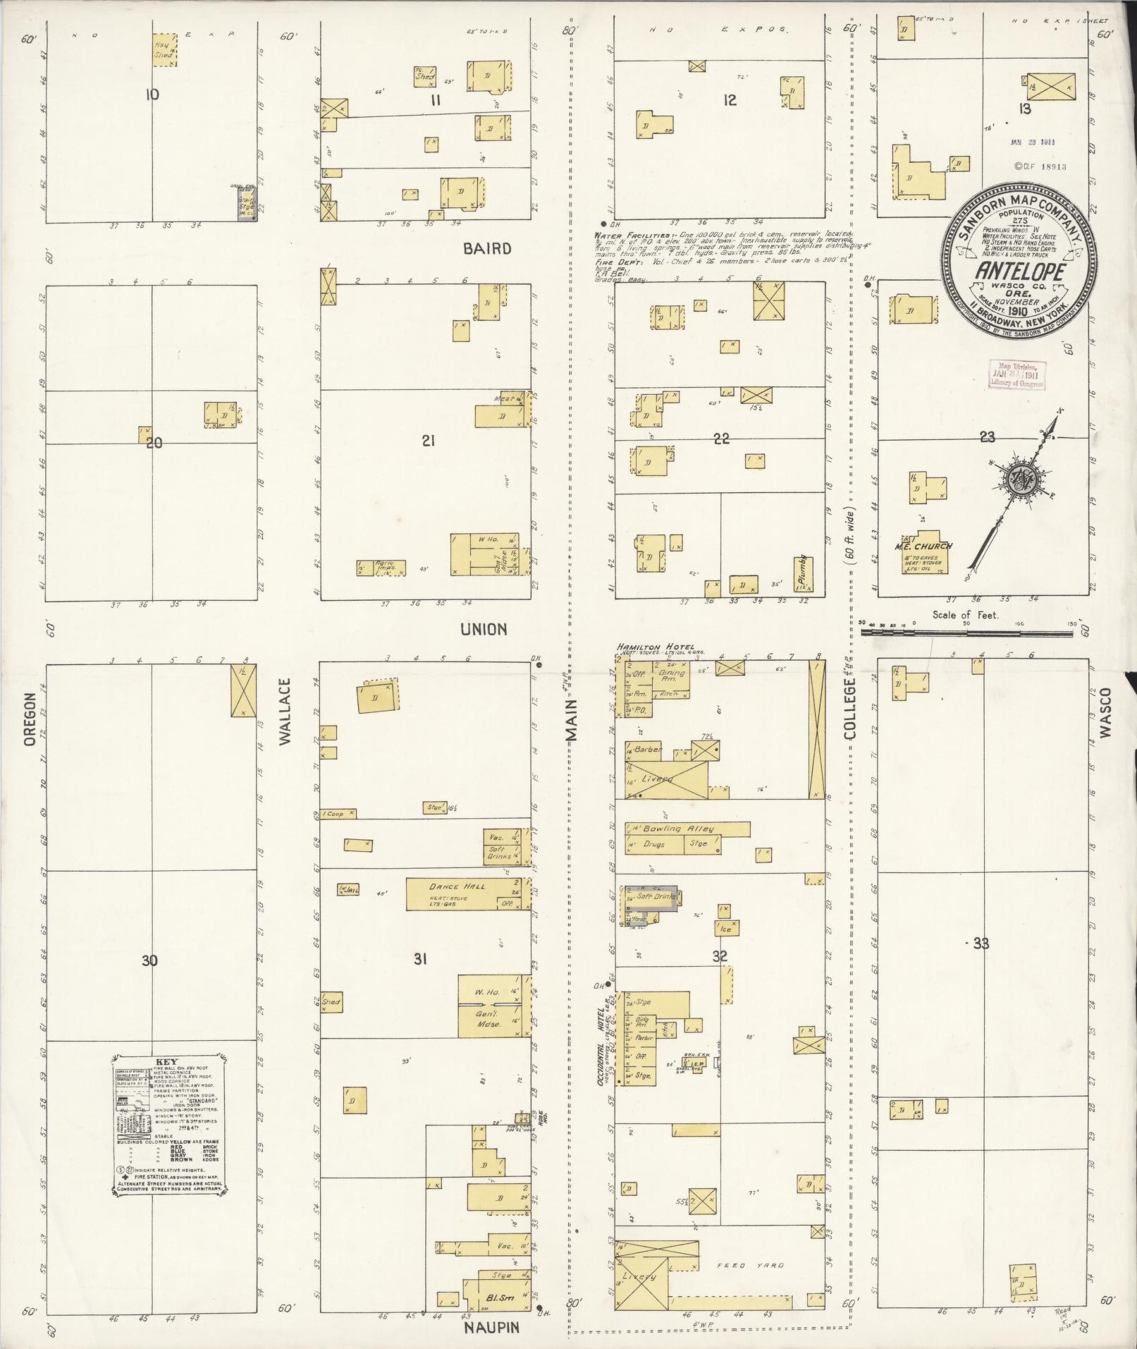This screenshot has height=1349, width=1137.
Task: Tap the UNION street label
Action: (484, 629)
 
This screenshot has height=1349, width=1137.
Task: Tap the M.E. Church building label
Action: (923, 545)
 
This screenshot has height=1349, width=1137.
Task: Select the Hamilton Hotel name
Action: (655, 646)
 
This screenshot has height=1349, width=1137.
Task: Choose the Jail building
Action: (348, 889)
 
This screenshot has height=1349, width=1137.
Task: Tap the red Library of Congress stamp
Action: (1014, 376)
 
